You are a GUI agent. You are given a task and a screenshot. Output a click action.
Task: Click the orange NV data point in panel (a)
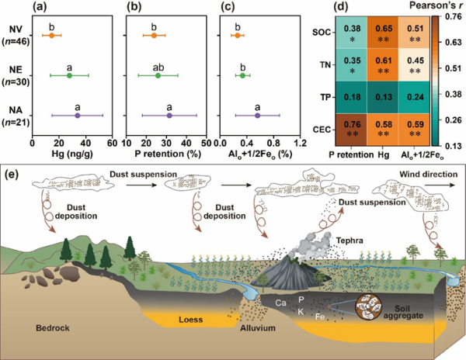51,36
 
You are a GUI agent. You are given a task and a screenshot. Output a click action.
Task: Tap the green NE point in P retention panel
158,75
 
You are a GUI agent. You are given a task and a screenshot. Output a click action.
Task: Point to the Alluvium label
261,327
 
